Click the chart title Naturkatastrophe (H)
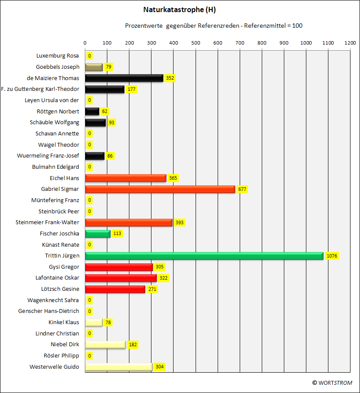click(x=180, y=10)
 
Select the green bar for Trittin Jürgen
click(x=204, y=256)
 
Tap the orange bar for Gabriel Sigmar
click(x=160, y=189)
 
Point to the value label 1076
click(x=332, y=256)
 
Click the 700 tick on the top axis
click(x=240, y=43)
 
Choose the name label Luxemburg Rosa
click(x=58, y=56)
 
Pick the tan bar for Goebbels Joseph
click(x=94, y=67)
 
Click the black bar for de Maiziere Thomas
click(x=124, y=78)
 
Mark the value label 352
click(x=170, y=78)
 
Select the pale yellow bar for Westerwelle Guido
click(x=119, y=367)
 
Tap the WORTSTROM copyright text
click(x=332, y=383)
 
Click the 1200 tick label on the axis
click(x=350, y=43)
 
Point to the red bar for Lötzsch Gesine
click(x=115, y=289)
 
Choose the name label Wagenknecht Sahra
click(x=53, y=300)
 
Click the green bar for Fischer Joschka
click(x=98, y=234)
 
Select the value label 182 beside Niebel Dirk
click(x=133, y=345)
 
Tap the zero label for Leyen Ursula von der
click(x=90, y=100)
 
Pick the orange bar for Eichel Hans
click(x=126, y=178)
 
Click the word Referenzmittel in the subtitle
click(x=265, y=26)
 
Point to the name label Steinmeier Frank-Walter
click(x=47, y=222)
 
